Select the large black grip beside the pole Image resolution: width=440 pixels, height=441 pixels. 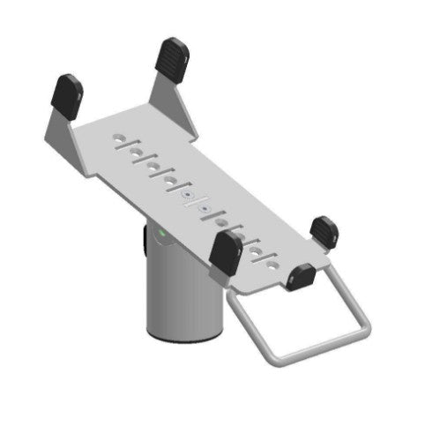click(x=226, y=253)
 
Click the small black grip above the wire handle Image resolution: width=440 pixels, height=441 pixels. click(x=301, y=277)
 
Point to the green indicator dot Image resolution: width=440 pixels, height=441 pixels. click(x=162, y=235)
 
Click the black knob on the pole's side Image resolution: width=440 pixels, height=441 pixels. click(x=145, y=238)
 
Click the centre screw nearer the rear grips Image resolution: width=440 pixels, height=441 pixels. click(x=187, y=194)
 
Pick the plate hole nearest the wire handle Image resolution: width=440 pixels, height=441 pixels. click(x=273, y=262)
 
